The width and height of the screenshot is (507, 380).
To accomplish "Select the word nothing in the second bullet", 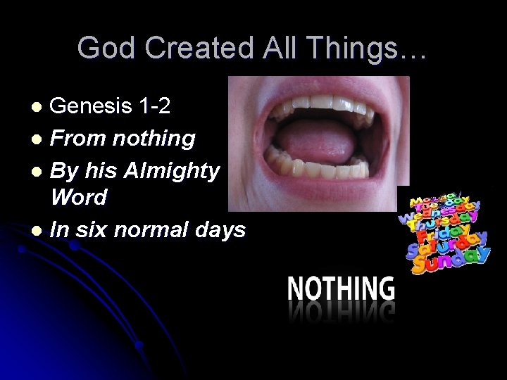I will click(152, 138).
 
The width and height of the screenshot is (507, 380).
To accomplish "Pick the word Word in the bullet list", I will click(79, 198).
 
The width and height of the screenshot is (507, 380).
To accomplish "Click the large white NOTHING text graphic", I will click(341, 289).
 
